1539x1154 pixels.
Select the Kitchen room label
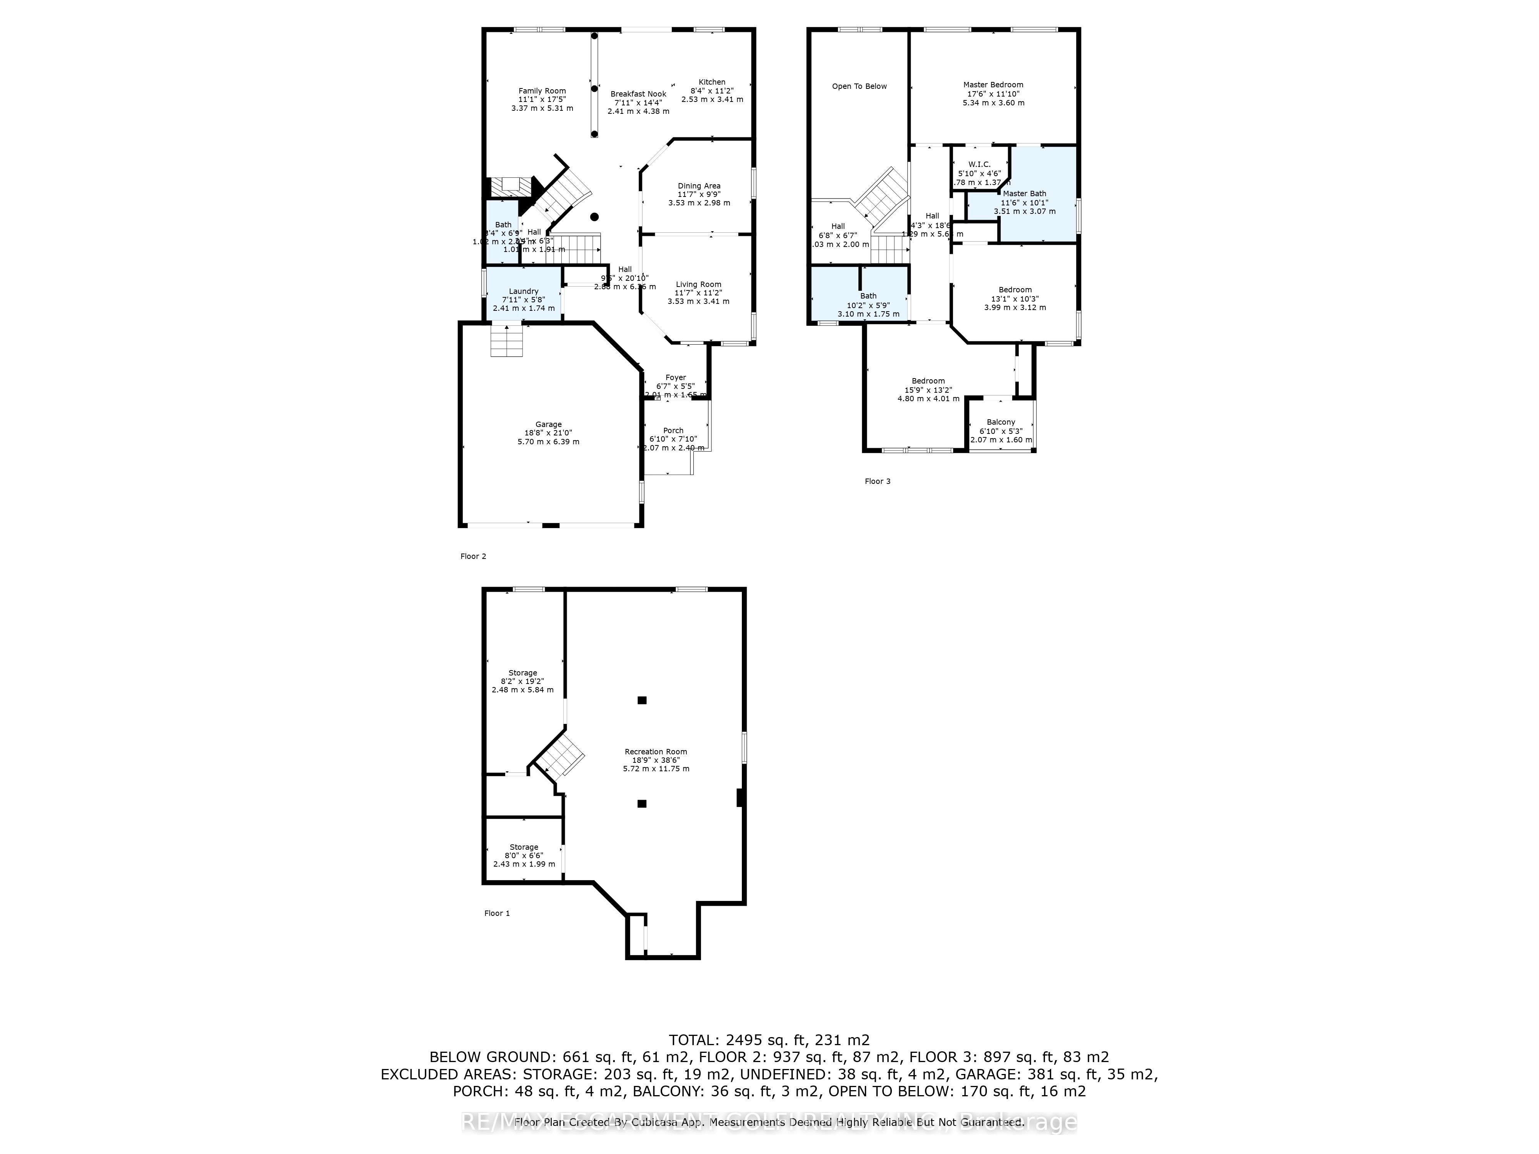click(712, 82)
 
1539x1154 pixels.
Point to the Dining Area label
click(699, 186)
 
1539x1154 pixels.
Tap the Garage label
click(548, 424)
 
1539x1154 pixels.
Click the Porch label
click(673, 430)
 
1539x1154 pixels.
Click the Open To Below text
click(859, 86)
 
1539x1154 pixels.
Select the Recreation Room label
click(655, 751)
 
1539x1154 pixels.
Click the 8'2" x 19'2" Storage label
click(522, 673)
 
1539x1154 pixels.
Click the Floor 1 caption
click(497, 913)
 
